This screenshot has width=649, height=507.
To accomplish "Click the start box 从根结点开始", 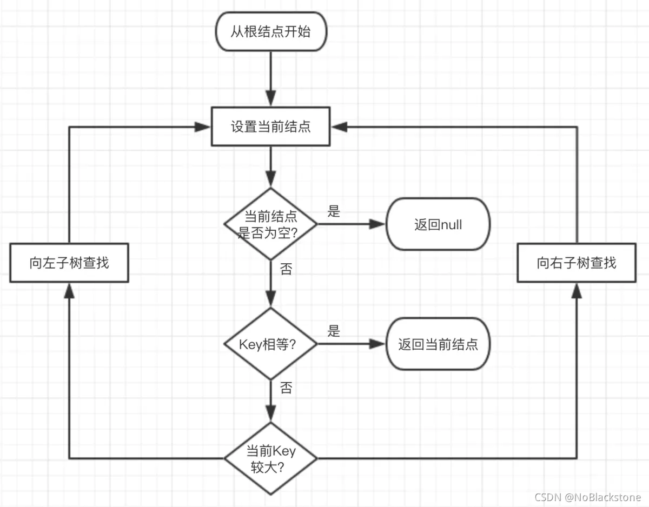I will pos(270,32).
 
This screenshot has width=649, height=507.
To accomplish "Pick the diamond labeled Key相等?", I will pos(270,344).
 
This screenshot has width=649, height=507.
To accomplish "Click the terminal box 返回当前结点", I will pos(438,344).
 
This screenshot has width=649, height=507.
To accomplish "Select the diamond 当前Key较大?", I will pos(270,459).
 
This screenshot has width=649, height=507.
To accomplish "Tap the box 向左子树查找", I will pos(69,263).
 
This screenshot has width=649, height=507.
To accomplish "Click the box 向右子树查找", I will pos(577,263).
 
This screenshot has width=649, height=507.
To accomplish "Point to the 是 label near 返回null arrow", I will pos(334,211).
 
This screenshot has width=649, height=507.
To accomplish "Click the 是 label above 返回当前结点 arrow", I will pos(334,331).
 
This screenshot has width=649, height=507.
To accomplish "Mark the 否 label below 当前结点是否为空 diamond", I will pos(286,269).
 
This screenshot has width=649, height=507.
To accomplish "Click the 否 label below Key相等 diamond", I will pos(286,388).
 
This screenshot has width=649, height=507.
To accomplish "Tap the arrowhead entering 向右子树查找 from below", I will pos(577,291).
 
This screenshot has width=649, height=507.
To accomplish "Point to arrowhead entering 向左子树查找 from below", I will pos(69,291).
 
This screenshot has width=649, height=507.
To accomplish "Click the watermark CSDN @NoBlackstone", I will pos(587,497).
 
